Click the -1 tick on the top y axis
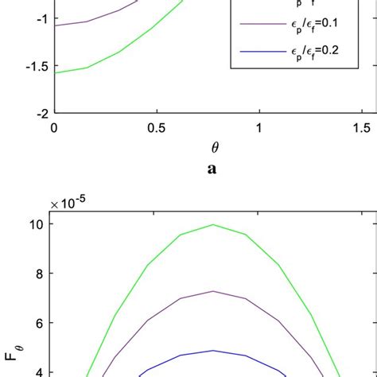[x=37, y=18]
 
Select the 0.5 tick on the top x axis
[x=157, y=127]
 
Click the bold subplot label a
[x=212, y=169]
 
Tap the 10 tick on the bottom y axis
[x=37, y=223]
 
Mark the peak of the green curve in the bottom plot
[x=212, y=224]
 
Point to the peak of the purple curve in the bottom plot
[x=212, y=291]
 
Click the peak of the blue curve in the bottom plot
[x=212, y=351]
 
